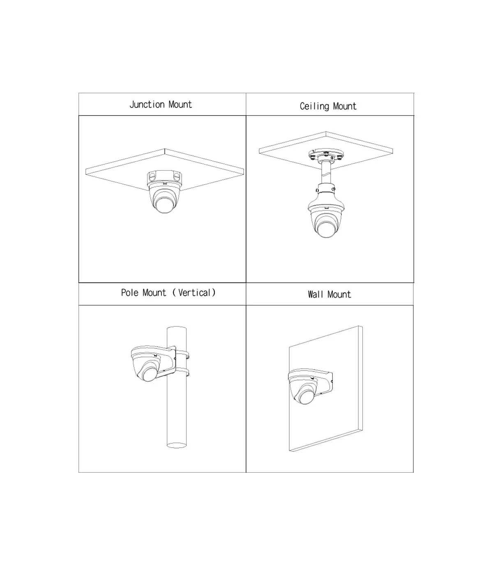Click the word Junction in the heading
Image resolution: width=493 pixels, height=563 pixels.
(x=147, y=105)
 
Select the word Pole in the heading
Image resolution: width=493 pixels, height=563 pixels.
(x=129, y=293)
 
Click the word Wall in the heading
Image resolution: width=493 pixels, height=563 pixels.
(x=316, y=295)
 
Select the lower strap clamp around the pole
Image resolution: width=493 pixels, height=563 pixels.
(x=182, y=371)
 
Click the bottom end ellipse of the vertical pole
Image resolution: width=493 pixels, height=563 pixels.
(x=177, y=445)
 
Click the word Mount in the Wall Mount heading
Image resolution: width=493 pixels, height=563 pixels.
(x=339, y=295)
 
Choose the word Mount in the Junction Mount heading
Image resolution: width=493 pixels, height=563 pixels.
(x=180, y=105)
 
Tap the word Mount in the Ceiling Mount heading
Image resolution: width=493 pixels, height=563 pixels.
(x=345, y=107)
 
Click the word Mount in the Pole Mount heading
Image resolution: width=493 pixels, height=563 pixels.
(x=154, y=293)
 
